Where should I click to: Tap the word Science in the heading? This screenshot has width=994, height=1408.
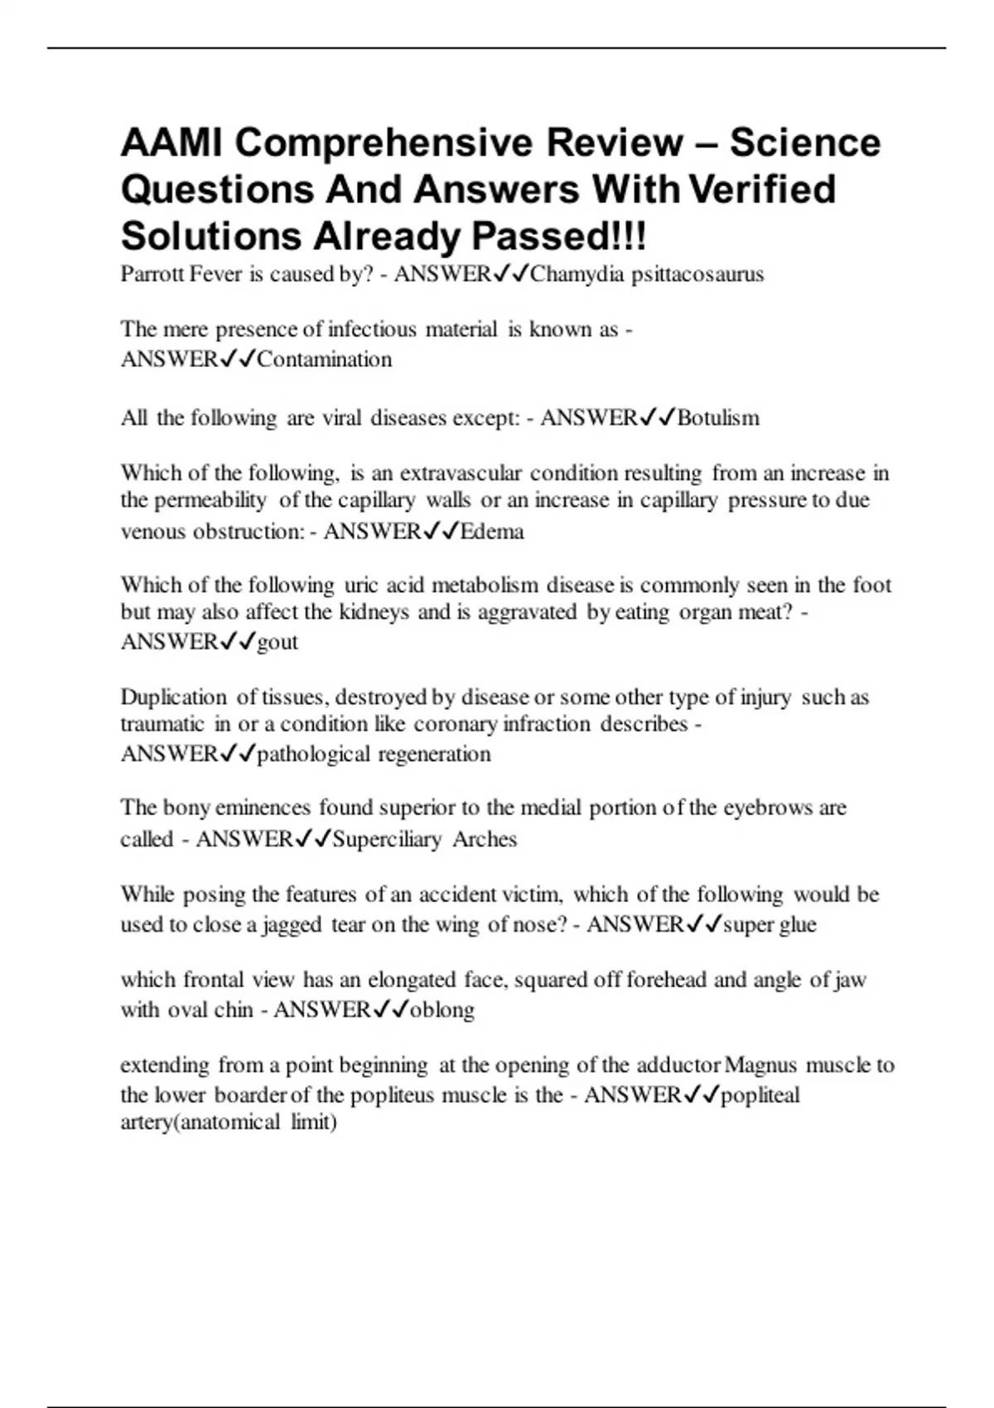(x=805, y=142)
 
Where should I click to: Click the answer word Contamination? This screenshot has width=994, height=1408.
(x=325, y=359)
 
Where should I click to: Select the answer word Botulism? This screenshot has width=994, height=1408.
(x=718, y=417)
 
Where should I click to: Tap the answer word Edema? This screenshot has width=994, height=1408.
(x=492, y=531)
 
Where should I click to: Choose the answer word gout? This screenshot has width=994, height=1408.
(x=277, y=643)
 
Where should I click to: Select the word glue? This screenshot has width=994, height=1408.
(x=796, y=924)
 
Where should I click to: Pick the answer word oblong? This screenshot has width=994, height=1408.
(x=442, y=1010)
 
